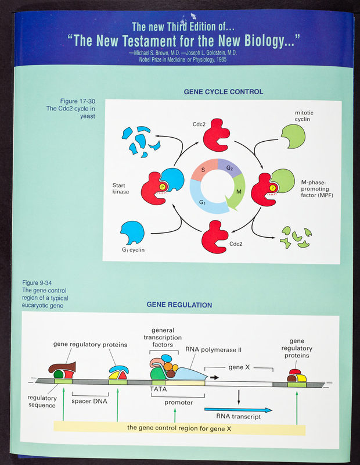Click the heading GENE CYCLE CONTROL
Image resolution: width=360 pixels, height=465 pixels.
tap(223, 92)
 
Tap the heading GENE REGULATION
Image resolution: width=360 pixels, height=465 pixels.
tap(179, 305)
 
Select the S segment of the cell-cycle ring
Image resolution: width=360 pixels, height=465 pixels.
tap(203, 170)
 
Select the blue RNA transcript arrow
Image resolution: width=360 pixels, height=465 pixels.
tap(238, 410)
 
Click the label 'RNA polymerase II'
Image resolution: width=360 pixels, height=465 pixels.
tap(213, 350)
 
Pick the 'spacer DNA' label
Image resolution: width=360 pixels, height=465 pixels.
tap(90, 400)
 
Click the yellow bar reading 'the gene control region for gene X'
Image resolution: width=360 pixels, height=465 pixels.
tap(179, 428)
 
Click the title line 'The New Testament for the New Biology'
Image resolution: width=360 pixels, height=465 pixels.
tap(183, 41)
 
